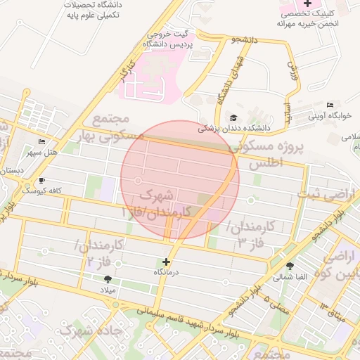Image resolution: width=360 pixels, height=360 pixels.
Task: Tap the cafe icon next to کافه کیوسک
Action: pyautogui.click(x=42, y=181)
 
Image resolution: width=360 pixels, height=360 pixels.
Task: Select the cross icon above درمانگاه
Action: pyautogui.click(x=166, y=262)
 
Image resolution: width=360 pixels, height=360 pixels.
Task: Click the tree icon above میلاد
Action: pyautogui.click(x=107, y=279)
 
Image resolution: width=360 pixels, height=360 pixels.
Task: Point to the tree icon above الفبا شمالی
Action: pyautogui.click(x=290, y=265)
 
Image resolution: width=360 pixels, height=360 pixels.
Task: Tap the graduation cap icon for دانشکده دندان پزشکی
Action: pyautogui.click(x=233, y=117)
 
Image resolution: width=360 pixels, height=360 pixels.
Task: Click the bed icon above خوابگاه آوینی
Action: pyautogui.click(x=330, y=104)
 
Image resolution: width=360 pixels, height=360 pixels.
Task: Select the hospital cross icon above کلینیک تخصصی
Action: pyautogui.click(x=307, y=4)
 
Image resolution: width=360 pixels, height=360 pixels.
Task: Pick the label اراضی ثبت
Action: pyautogui.click(x=333, y=191)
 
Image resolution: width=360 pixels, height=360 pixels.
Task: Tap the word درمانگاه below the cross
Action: pyautogui.click(x=167, y=271)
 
